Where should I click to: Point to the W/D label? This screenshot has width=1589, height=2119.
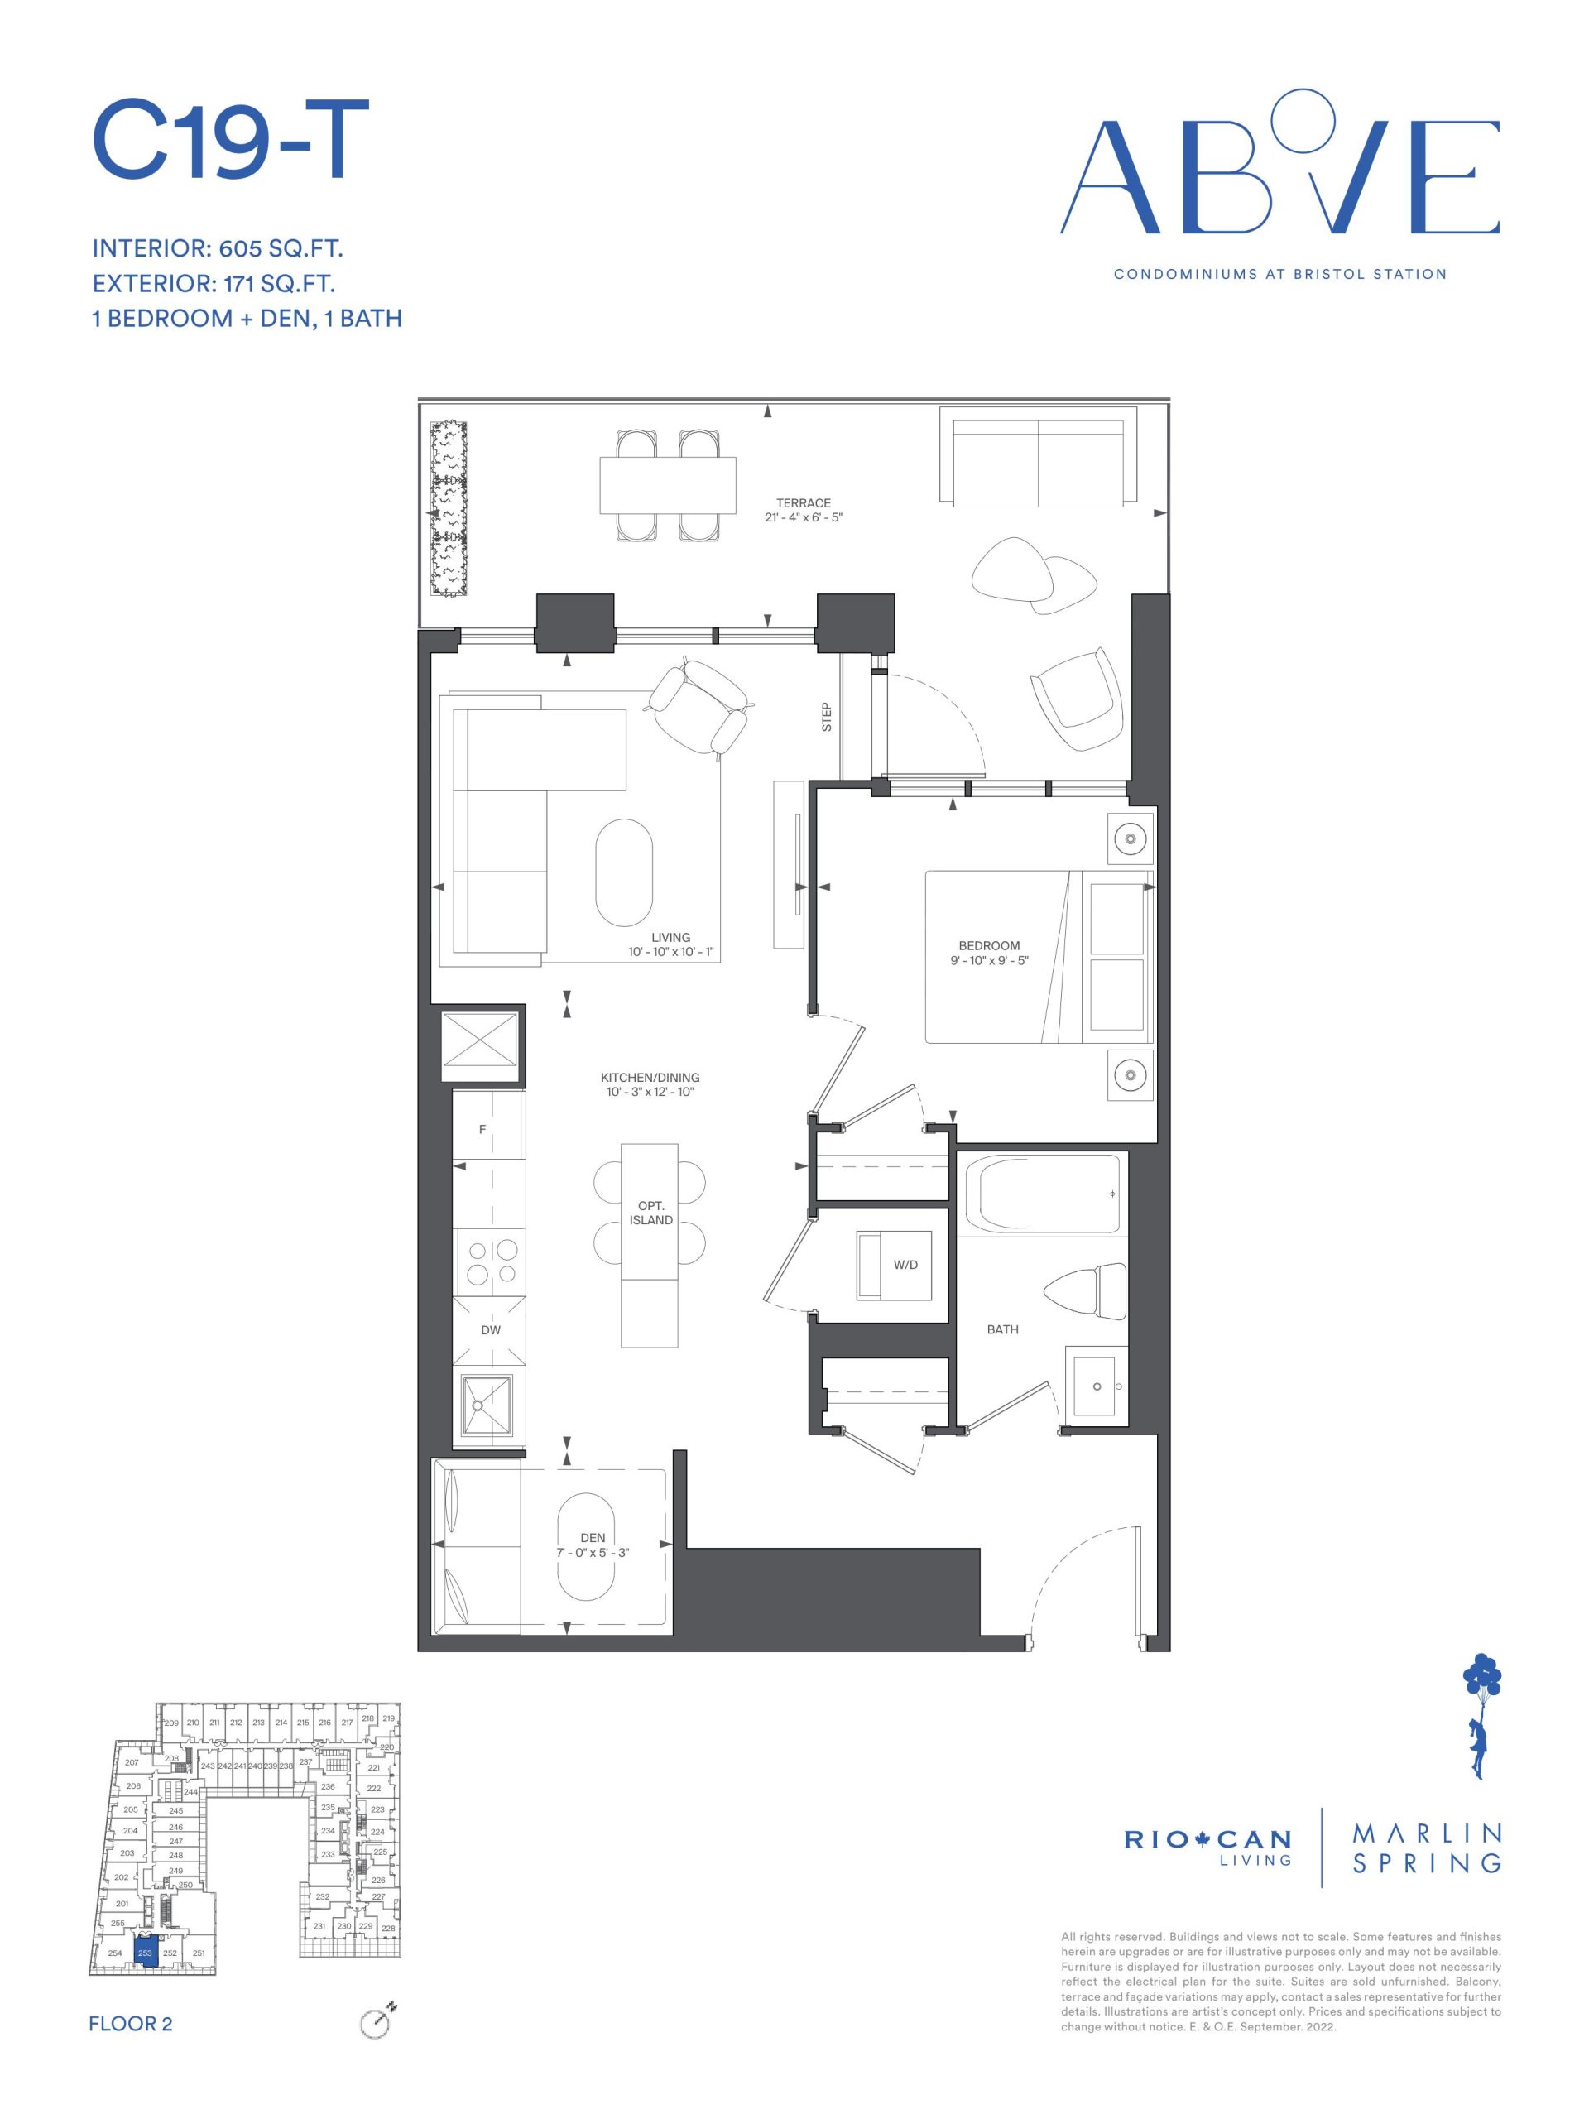(x=905, y=1266)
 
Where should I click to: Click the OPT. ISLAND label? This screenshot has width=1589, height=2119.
(x=650, y=1213)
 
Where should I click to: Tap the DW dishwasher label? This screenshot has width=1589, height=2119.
(x=491, y=1329)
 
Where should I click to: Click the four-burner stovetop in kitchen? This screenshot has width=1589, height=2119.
(x=491, y=1261)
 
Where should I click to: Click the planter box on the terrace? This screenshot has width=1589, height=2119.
(x=447, y=512)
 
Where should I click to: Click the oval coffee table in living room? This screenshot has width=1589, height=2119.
(x=623, y=872)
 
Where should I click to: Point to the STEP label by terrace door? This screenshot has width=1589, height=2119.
(x=827, y=718)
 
